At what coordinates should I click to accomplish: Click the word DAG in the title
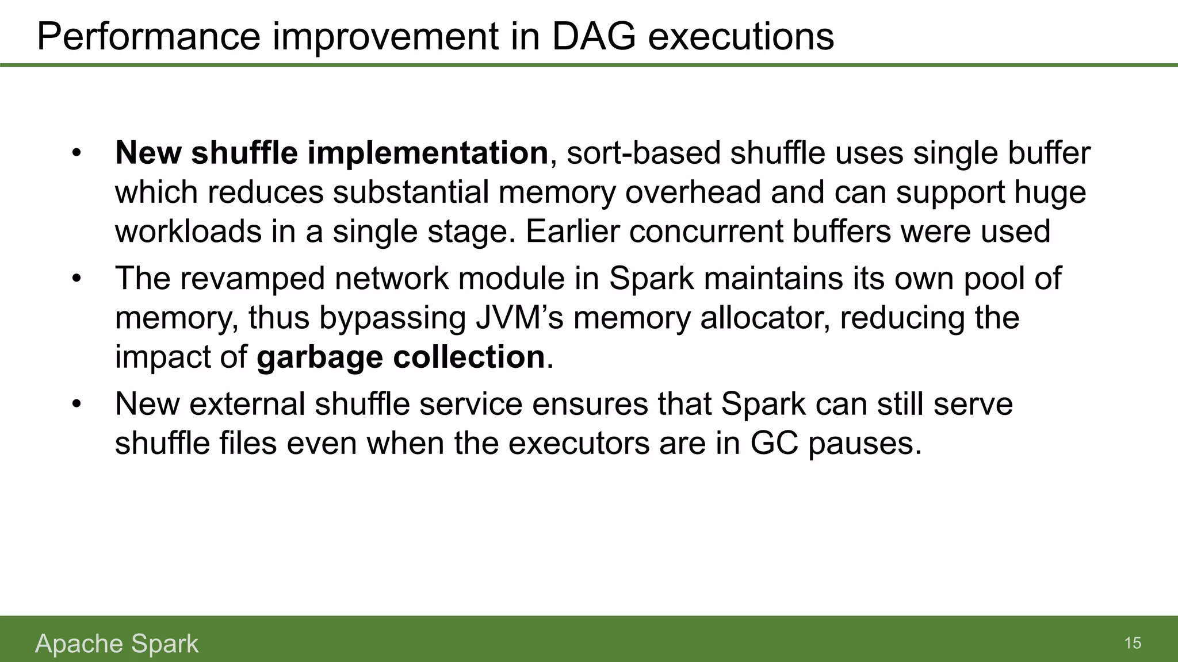[594, 37]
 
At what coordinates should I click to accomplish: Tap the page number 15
[1133, 643]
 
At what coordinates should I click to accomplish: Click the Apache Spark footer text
[117, 644]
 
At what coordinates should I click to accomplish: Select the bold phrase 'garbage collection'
[400, 357]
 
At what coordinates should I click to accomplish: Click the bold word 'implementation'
[427, 153]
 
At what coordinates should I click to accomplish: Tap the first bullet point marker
[77, 153]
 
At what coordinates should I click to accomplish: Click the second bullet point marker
[77, 279]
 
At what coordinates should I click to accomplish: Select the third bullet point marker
[77, 404]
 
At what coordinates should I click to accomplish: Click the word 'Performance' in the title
[148, 37]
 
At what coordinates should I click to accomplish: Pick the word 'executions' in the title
[741, 37]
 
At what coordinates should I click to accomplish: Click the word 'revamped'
[253, 279]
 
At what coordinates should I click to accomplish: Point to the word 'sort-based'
[644, 153]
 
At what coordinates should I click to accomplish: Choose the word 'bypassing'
[392, 318]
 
